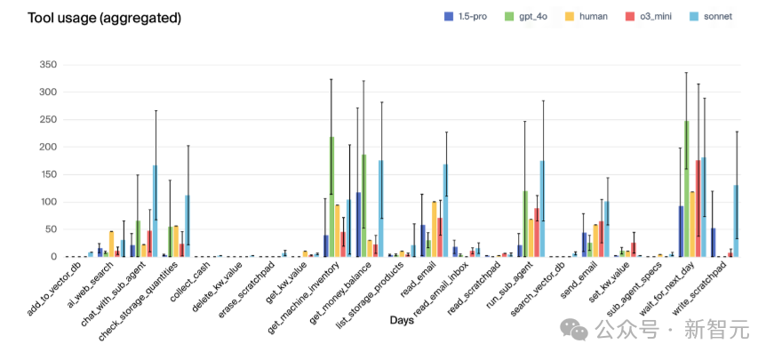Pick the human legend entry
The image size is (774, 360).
coord(588,17)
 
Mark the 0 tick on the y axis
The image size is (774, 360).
coord(52,257)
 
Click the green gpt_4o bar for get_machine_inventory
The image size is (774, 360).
coord(331,197)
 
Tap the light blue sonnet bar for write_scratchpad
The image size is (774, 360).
coord(737,221)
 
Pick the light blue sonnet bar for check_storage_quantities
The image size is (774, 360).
coord(188,227)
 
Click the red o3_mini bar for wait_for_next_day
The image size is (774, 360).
coord(698,209)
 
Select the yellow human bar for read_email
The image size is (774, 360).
coord(434,229)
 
